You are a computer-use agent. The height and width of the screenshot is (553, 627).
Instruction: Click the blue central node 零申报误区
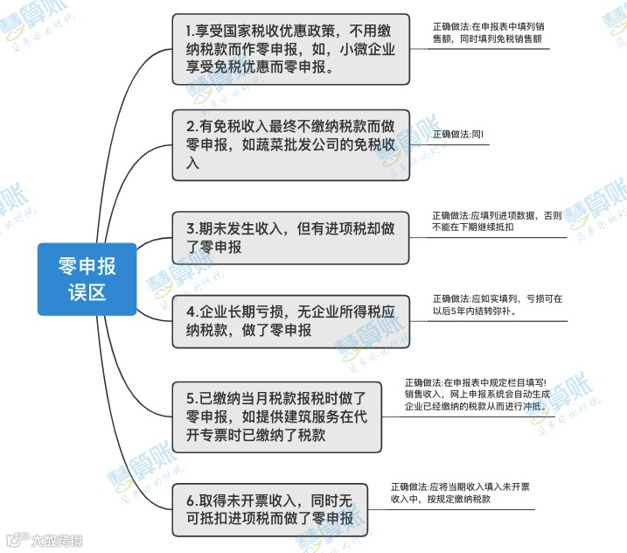[x=87, y=278]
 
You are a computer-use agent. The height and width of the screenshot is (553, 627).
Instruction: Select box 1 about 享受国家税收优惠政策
[x=290, y=49]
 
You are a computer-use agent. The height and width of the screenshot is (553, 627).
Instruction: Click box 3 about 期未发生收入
[x=290, y=237]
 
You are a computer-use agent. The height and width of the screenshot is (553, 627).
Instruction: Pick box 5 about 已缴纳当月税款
[x=275, y=417]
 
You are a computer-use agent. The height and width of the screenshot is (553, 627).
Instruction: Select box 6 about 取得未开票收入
[x=269, y=508]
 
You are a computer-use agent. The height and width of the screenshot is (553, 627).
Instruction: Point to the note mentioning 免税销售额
[x=490, y=34]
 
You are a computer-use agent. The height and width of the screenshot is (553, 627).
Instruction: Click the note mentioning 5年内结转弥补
[x=497, y=304]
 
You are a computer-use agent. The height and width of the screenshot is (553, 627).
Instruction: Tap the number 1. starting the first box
[x=192, y=31]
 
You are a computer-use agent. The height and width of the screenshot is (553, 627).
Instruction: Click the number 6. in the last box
[x=192, y=500]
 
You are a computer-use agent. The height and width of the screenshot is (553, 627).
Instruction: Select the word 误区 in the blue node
[x=87, y=291]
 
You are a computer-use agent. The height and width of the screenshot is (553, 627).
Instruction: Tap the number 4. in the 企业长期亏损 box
[x=192, y=311]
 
